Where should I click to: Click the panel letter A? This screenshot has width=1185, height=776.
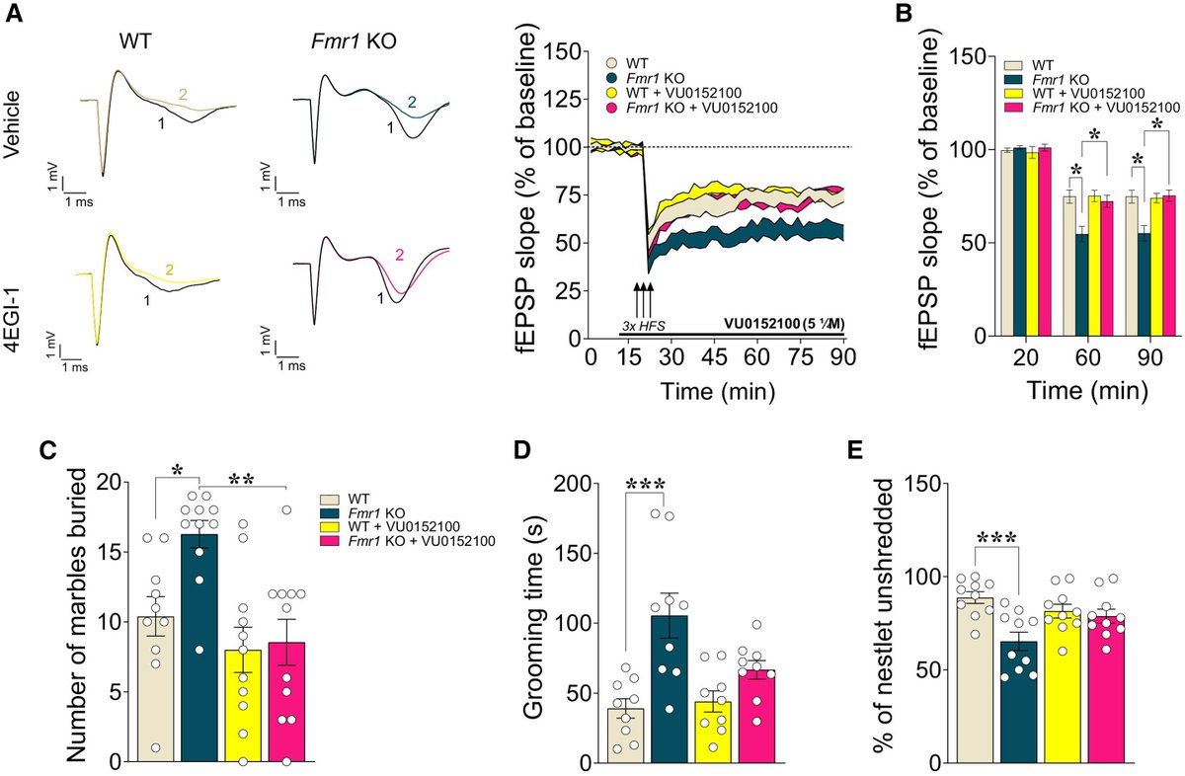[15, 18]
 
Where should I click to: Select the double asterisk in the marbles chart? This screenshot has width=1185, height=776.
[242, 480]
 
